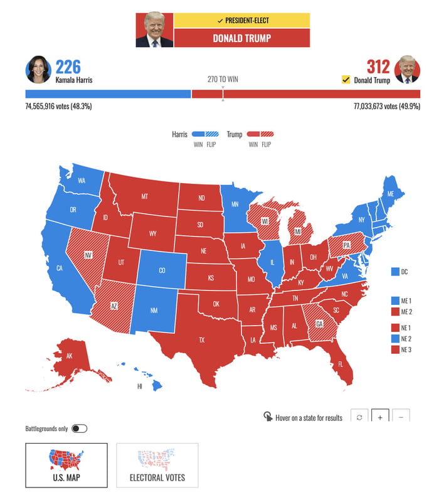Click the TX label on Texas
tap(202, 340)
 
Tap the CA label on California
tap(60, 269)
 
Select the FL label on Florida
tap(341, 364)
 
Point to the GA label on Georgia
tap(319, 324)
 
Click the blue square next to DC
tap(394, 272)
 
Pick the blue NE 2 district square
tap(394, 339)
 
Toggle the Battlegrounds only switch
tap(80, 428)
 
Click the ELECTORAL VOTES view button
tap(157, 466)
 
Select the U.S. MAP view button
tap(66, 466)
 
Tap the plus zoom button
tap(380, 417)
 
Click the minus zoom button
tap(401, 417)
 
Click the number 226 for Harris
tap(68, 67)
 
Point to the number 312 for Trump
tap(378, 67)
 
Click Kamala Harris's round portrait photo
tap(38, 70)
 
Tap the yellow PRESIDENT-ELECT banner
tap(242, 20)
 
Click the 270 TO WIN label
tap(223, 80)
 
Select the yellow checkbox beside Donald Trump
tap(346, 80)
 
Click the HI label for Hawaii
tap(140, 386)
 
